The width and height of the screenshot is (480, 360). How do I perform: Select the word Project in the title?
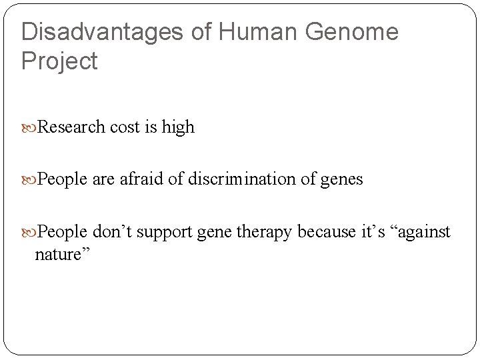[59, 61]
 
